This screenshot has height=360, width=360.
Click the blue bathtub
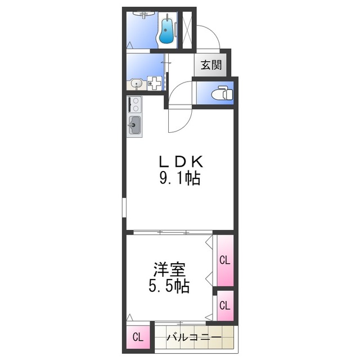pyautogui.click(x=166, y=30)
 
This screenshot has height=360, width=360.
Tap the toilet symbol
pyautogui.click(x=223, y=93)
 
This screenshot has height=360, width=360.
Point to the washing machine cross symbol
pyautogui.click(x=154, y=83)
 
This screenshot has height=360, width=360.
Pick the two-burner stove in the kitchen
pyautogui.click(x=134, y=104)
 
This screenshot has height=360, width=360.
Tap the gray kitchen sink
pyautogui.click(x=135, y=125)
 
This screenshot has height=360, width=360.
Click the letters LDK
pyautogui.click(x=179, y=162)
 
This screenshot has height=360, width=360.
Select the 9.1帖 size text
pyautogui.click(x=179, y=179)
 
